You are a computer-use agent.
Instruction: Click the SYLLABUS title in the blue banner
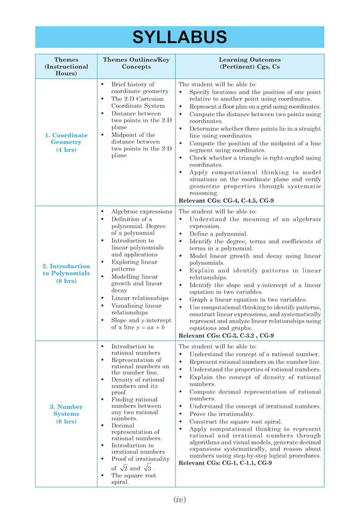pos(179,37)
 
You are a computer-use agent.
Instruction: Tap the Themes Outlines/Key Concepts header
pos(136,63)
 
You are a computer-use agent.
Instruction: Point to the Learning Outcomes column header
pos(250,63)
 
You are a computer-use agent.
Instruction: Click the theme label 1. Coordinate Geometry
pos(66,138)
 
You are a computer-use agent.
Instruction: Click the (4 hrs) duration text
pos(66,149)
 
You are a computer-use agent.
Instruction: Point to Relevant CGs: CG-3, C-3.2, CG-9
pos(226,335)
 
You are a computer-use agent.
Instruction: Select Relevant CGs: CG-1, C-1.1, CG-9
pos(226,463)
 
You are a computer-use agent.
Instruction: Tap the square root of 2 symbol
pos(124,467)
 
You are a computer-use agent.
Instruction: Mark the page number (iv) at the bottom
pos(179,499)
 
